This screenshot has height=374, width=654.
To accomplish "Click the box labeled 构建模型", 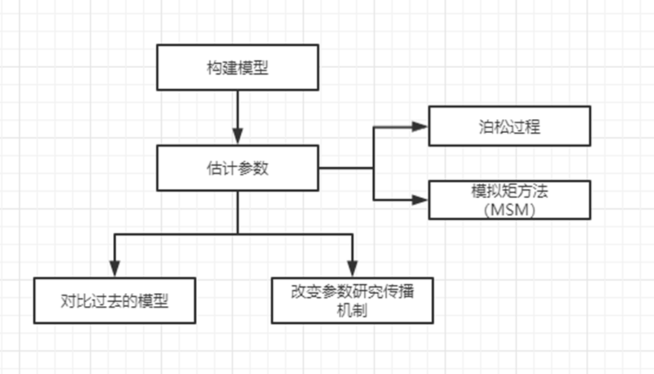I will click(237, 68).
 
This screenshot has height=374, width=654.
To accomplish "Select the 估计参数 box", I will click(237, 168).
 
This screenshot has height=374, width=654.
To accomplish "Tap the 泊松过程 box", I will click(509, 126).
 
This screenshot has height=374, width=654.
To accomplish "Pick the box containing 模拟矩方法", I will click(509, 199).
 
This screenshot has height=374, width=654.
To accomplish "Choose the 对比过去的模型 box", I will click(115, 300).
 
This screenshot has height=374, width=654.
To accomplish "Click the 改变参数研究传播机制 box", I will click(352, 300).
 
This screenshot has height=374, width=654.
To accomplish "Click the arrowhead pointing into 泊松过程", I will click(420, 126).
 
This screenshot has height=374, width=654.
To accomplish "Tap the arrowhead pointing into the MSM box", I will click(420, 199).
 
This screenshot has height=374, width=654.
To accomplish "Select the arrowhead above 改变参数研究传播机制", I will click(352, 266).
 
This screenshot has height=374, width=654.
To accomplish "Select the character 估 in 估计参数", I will click(212, 168).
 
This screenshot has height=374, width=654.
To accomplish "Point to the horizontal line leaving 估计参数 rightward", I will click(346, 168).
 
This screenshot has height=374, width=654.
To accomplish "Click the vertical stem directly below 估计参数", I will click(237, 213).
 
